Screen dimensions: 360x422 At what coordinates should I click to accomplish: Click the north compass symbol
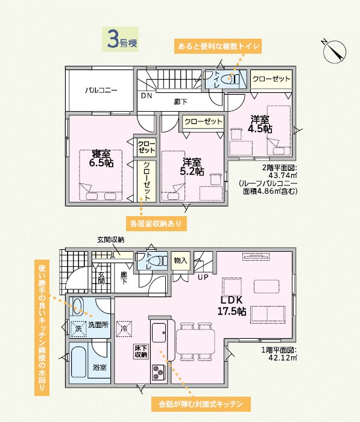click(335, 51)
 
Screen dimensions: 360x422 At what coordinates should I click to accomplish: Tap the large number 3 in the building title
click(113, 40)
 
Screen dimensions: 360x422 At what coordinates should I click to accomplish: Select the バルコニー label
click(101, 90)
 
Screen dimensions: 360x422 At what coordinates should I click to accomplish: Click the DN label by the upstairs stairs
click(147, 95)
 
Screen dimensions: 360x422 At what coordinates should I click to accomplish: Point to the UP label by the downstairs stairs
click(203, 277)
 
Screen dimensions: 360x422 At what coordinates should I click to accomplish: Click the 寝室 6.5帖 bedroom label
click(101, 159)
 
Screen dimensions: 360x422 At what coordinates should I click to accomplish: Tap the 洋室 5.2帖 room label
click(192, 167)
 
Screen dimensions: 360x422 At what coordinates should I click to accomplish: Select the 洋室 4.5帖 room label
click(260, 124)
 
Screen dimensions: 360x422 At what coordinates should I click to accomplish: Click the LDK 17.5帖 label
click(232, 305)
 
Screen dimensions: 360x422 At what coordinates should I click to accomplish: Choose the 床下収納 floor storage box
click(141, 351)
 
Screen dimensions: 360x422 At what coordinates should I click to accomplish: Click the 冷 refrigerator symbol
click(124, 329)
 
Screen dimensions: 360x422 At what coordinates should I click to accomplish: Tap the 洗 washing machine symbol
click(78, 329)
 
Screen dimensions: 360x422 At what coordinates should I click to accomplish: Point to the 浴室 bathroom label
click(99, 368)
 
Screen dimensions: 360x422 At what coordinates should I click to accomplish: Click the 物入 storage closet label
click(180, 260)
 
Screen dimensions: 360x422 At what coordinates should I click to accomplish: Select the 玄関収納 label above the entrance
click(111, 240)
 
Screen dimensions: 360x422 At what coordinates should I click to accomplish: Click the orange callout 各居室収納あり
click(156, 223)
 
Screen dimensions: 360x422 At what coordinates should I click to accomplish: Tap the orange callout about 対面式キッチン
click(201, 404)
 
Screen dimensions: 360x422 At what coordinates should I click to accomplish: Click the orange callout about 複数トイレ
click(218, 46)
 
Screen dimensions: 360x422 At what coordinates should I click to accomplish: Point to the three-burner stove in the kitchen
click(158, 372)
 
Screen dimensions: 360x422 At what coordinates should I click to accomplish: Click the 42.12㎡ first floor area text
click(283, 358)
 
